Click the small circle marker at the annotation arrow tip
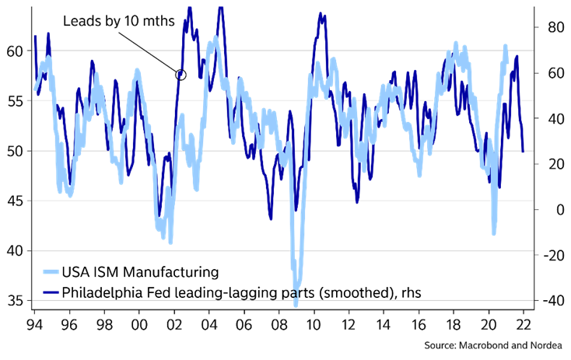click(181, 75)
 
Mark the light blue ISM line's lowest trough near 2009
click(296, 304)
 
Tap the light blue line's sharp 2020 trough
click(494, 232)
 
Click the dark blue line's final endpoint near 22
click(523, 151)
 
